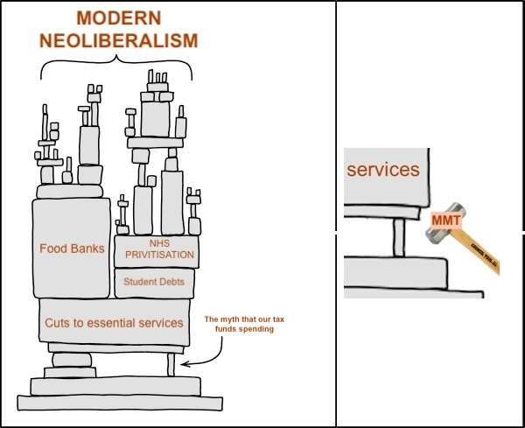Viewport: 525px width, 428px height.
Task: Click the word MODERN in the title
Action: point(118,18)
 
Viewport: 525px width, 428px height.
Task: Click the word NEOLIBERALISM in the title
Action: point(118,40)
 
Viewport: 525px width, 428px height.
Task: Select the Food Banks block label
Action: point(72,249)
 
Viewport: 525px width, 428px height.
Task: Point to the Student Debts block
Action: point(154,282)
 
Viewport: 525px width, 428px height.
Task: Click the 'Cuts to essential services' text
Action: point(114,322)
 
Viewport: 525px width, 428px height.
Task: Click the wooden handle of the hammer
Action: point(476,255)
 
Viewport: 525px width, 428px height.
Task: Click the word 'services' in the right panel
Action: point(383,170)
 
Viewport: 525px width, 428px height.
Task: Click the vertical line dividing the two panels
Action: point(336,214)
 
